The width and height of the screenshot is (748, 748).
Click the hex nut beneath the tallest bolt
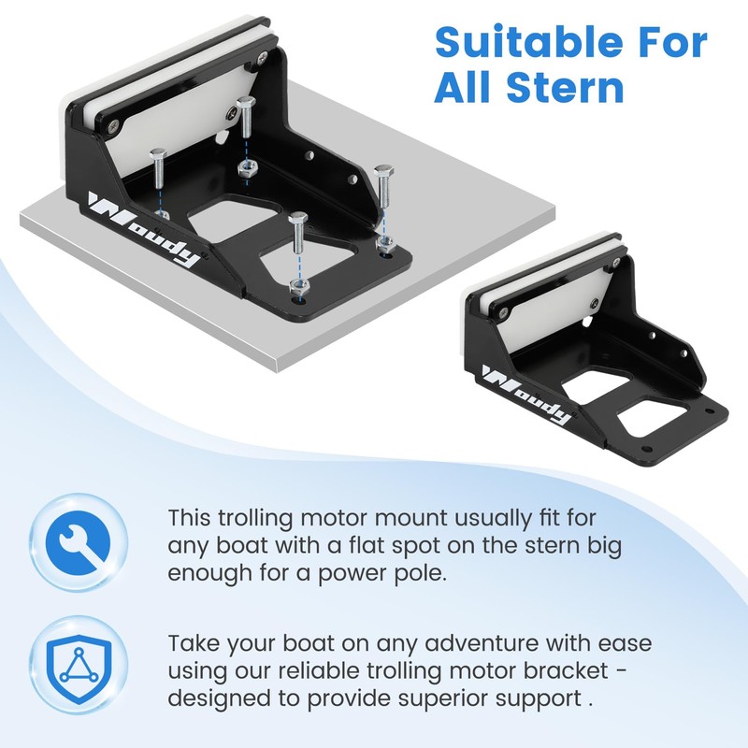point(247,169)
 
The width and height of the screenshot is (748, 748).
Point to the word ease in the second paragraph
point(625,644)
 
